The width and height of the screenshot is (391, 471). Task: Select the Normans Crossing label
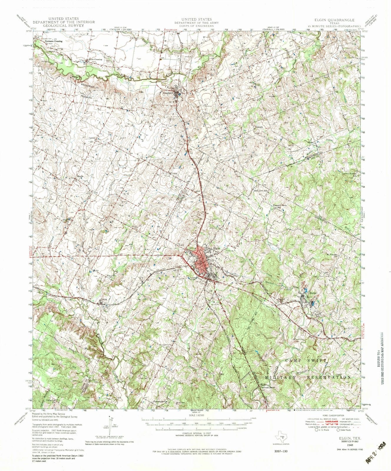tap(53, 42)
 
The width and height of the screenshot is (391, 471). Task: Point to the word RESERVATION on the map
tap(329, 377)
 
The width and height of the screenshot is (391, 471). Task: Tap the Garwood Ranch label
tap(267, 388)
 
